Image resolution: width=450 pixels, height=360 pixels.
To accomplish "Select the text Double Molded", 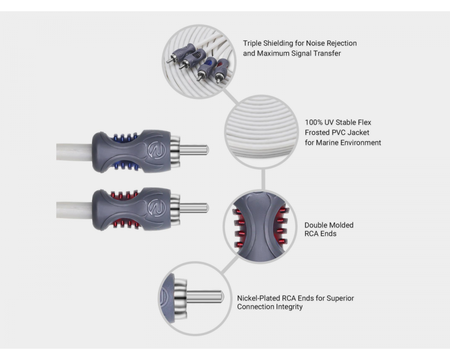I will click(x=328, y=225).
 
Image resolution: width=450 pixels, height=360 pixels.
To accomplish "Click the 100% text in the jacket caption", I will click(x=314, y=122).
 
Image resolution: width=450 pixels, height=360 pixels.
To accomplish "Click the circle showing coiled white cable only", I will click(x=261, y=132).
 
